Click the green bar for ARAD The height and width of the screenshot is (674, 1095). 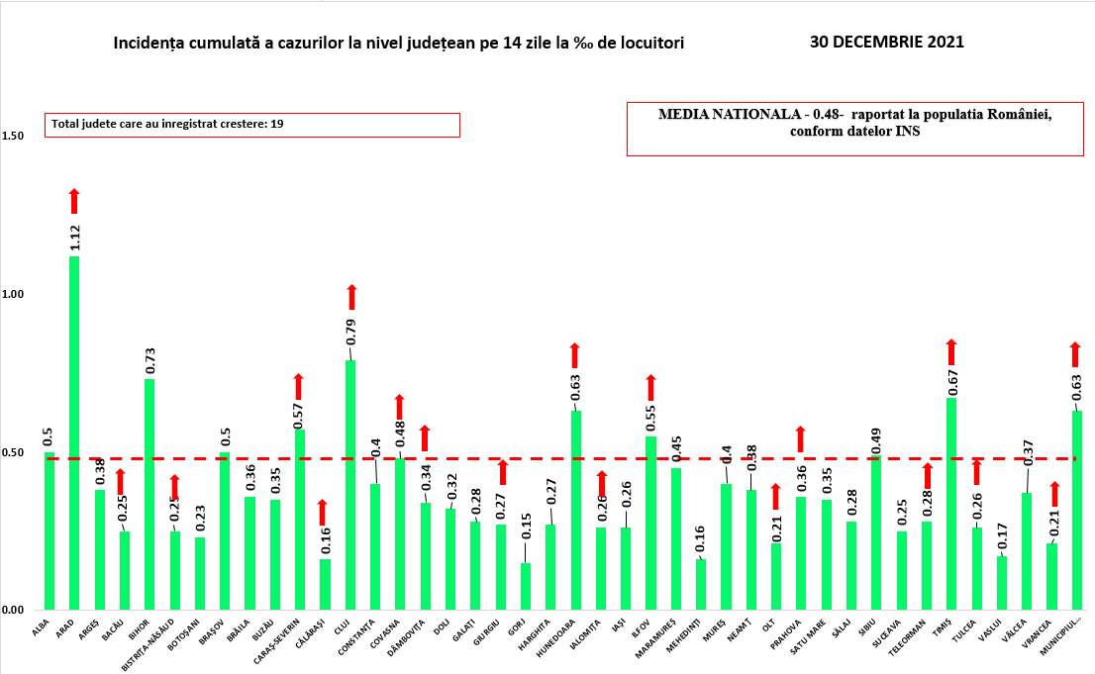pos(74,433)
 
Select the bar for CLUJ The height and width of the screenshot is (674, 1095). pos(350,485)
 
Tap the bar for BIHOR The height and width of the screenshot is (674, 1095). pos(149,494)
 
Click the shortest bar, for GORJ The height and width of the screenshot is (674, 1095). pos(526,586)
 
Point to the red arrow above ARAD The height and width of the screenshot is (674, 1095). pos(74,200)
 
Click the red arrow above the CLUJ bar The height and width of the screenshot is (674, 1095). pos(350,296)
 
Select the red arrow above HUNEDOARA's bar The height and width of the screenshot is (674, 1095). pos(575,355)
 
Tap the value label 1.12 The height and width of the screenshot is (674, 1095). pos(74,238)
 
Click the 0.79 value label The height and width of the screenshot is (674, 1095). pos(350,332)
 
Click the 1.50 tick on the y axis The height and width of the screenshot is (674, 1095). pos(14,137)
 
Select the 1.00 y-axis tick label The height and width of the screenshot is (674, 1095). pos(14,295)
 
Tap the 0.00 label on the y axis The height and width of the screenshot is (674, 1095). pos(14,611)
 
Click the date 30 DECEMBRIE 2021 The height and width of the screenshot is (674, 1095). pos(886,43)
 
